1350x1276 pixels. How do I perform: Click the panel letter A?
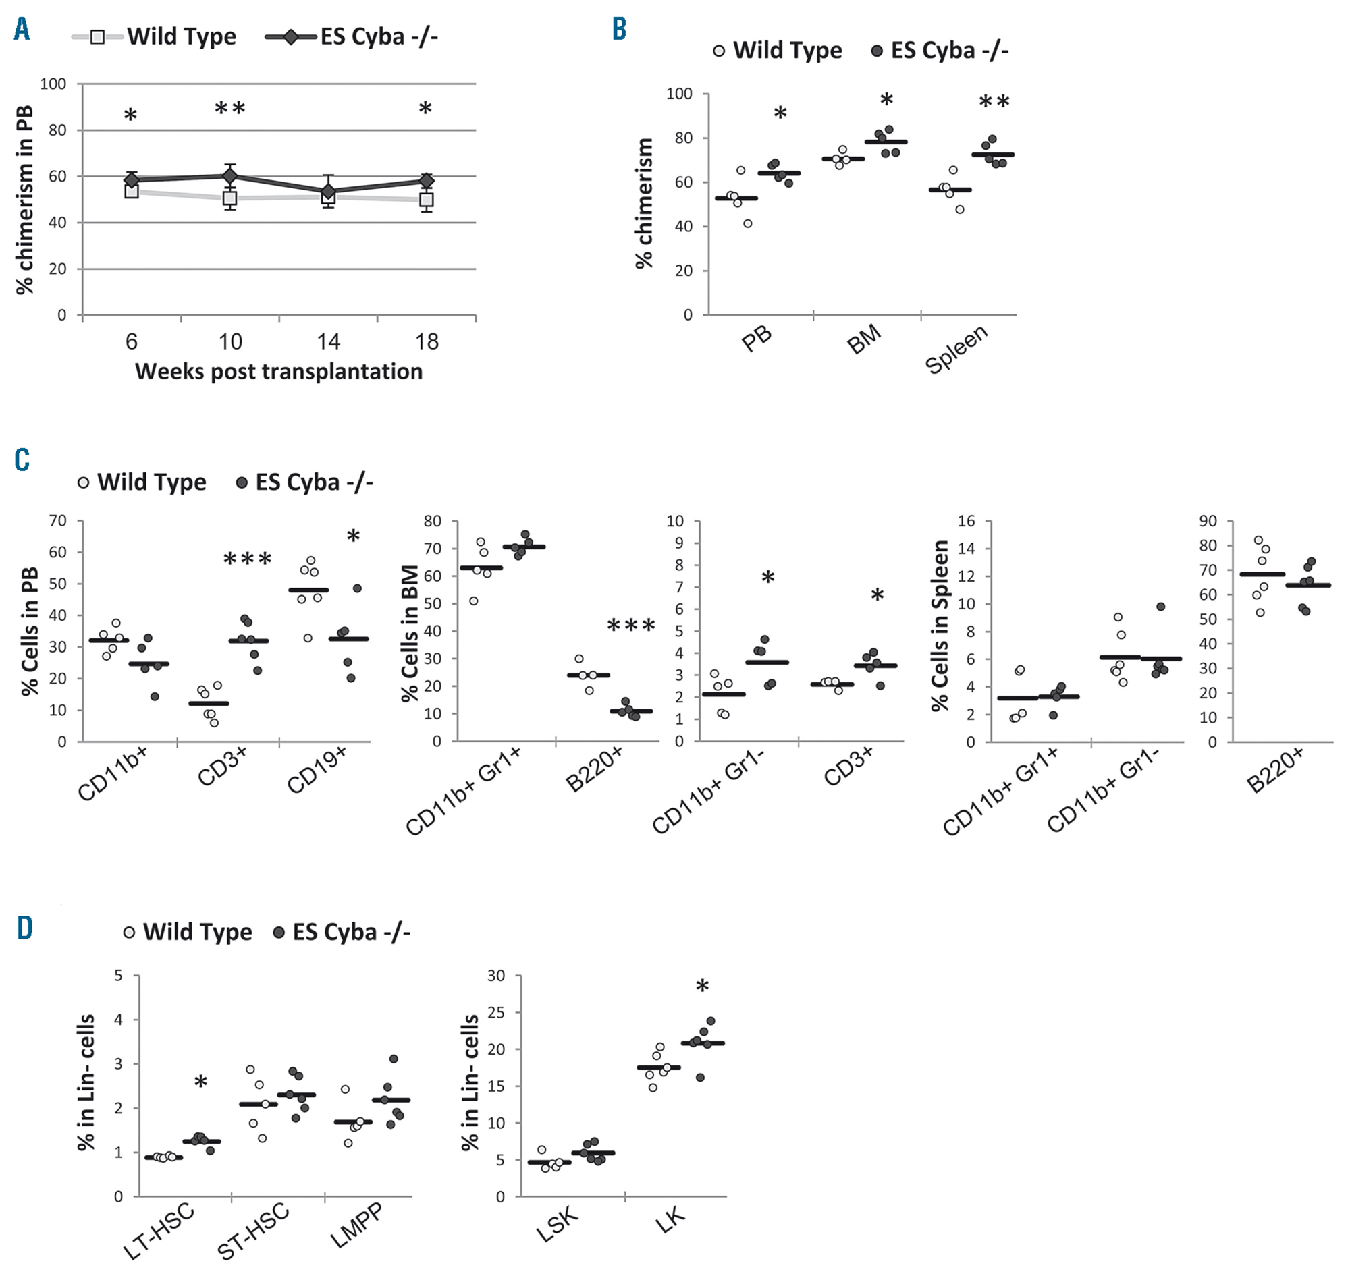click(x=22, y=29)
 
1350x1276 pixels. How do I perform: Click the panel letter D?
click(x=24, y=928)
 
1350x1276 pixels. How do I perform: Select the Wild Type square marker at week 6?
click(x=132, y=191)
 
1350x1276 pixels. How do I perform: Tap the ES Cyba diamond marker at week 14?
click(x=329, y=192)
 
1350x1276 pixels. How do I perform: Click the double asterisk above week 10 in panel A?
click(x=230, y=109)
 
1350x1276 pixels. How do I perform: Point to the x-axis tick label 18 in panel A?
click(x=427, y=341)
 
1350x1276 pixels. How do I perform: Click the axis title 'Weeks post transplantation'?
click(x=278, y=371)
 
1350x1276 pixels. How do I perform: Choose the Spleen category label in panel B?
click(x=956, y=350)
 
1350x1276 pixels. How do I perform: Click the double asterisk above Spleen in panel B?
click(x=994, y=103)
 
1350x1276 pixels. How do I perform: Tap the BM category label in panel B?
click(x=864, y=339)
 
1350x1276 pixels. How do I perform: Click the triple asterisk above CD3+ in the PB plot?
click(x=248, y=560)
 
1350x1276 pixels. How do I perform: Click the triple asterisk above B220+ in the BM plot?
click(x=630, y=626)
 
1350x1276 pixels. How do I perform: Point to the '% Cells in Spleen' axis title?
click(x=940, y=626)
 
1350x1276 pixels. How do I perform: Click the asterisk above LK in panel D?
click(x=702, y=987)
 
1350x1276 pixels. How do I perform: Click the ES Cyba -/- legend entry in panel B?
click(x=940, y=51)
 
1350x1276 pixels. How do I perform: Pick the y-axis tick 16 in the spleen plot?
click(x=966, y=521)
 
